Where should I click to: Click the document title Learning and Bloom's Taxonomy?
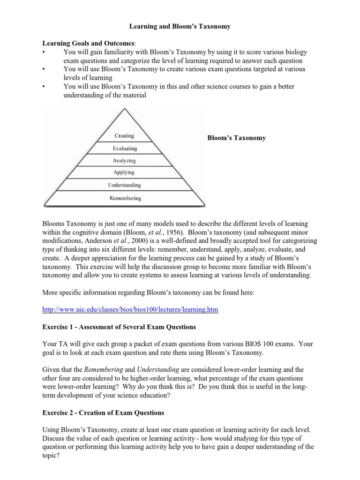(x=180, y=26)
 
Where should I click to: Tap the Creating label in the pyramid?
(x=124, y=136)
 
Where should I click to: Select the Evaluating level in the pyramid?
(x=125, y=149)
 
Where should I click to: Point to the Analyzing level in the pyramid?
(x=124, y=161)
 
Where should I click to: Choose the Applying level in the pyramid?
(x=124, y=173)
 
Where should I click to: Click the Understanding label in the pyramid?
(x=124, y=186)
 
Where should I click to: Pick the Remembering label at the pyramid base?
(x=125, y=198)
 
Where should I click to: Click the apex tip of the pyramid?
(x=125, y=109)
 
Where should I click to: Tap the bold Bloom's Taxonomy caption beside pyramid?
(x=236, y=138)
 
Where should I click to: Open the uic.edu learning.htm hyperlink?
(x=131, y=310)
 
